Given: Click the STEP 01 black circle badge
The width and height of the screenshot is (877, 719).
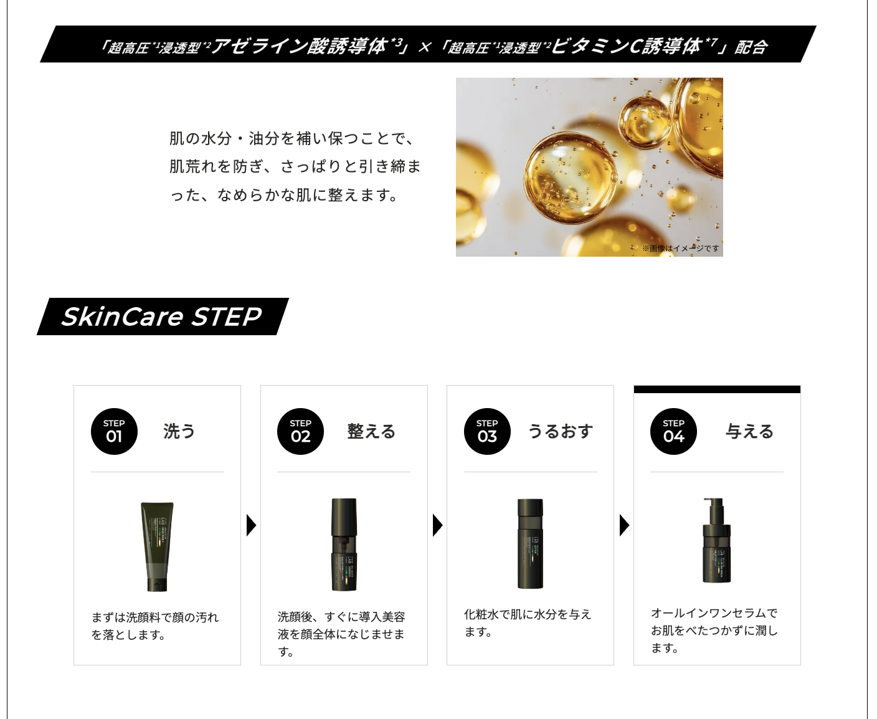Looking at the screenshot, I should [x=114, y=431].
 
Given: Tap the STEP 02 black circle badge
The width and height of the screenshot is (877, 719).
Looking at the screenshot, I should [x=300, y=431].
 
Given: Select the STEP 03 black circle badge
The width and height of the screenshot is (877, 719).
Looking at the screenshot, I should [x=487, y=431].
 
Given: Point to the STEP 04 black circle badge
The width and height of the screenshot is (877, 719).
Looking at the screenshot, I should [x=673, y=431].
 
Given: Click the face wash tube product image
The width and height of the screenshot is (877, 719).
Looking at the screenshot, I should [x=157, y=546].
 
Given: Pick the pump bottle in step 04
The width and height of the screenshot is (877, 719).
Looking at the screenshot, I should [x=716, y=540].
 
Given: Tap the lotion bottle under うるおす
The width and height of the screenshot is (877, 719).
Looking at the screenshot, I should [x=530, y=543].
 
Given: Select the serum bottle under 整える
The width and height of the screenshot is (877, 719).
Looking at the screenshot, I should [x=344, y=545].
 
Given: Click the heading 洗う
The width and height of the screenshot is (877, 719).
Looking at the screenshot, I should [x=179, y=431].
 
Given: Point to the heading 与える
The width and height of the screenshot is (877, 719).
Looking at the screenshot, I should [x=749, y=431].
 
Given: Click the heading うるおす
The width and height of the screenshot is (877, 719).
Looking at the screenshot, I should [x=560, y=431].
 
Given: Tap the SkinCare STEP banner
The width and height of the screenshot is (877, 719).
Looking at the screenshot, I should [x=162, y=317].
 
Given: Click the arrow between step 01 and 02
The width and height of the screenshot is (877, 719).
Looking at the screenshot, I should [x=251, y=525].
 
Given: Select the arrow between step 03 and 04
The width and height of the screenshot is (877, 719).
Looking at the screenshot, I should [x=624, y=525].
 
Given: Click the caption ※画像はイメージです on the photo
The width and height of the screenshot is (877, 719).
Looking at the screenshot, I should [x=680, y=249].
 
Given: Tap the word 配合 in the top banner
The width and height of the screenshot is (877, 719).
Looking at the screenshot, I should [x=751, y=47].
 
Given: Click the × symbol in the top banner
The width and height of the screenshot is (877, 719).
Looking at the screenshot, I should [x=424, y=47].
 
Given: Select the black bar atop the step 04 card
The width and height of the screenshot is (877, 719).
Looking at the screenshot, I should [x=717, y=389].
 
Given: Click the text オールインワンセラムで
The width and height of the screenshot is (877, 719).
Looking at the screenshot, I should [x=714, y=613].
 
